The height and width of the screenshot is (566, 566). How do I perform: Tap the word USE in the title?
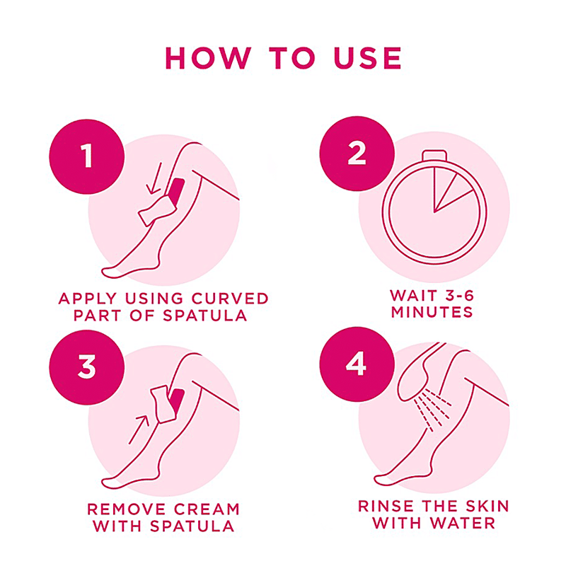coord(367,58)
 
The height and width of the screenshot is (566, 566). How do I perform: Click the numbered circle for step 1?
coord(86,156)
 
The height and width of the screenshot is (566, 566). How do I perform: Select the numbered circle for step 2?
coord(357,154)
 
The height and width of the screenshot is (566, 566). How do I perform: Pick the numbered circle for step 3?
coord(86,367)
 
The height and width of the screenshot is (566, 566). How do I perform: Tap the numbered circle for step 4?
coord(357,364)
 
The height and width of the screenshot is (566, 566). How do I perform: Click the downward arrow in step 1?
coord(155,178)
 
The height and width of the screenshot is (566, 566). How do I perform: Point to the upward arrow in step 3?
coord(139,429)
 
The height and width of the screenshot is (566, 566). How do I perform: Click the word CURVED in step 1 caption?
coord(230,299)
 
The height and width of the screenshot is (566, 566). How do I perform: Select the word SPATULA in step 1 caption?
coord(204,316)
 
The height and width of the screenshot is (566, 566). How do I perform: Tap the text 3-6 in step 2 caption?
coord(459,295)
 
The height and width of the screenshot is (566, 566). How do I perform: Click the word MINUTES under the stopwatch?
coord(432,312)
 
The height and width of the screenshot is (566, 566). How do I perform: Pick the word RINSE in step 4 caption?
coord(386,506)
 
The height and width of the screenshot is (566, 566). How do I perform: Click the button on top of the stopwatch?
coord(434,155)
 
